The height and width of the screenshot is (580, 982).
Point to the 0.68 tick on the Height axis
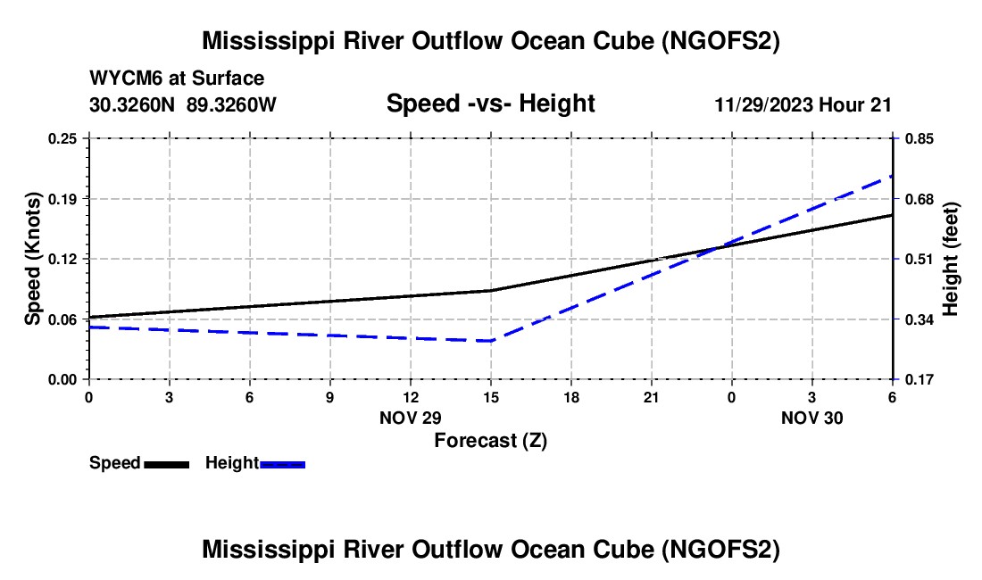pos(920,199)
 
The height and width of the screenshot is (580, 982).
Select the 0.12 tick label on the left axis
pos(62,259)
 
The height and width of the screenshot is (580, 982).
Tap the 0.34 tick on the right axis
pos(920,319)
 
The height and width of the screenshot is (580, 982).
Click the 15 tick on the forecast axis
pos(490,397)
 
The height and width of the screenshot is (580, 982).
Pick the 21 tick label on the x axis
pos(652,397)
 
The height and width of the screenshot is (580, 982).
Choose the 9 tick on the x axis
pos(330,397)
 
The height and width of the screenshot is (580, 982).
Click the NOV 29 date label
pos(411,418)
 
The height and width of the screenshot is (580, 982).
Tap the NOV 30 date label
pos(811,418)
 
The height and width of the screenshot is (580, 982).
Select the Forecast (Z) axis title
pos(490,441)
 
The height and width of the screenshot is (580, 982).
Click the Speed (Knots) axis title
pos(32,259)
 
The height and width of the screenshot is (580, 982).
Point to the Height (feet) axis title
pos(950,259)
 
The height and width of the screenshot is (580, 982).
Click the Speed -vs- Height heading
pos(490,104)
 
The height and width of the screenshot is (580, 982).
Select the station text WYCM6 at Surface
pos(177,79)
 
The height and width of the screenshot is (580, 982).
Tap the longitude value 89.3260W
pos(231,104)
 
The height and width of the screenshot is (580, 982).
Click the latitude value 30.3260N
pos(131,104)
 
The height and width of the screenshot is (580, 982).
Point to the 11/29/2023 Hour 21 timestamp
pos(803,104)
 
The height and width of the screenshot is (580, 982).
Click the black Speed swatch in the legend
pos(167,465)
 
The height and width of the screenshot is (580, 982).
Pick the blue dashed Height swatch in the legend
pos(282,465)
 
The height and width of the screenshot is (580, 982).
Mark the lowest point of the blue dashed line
pos(490,341)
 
